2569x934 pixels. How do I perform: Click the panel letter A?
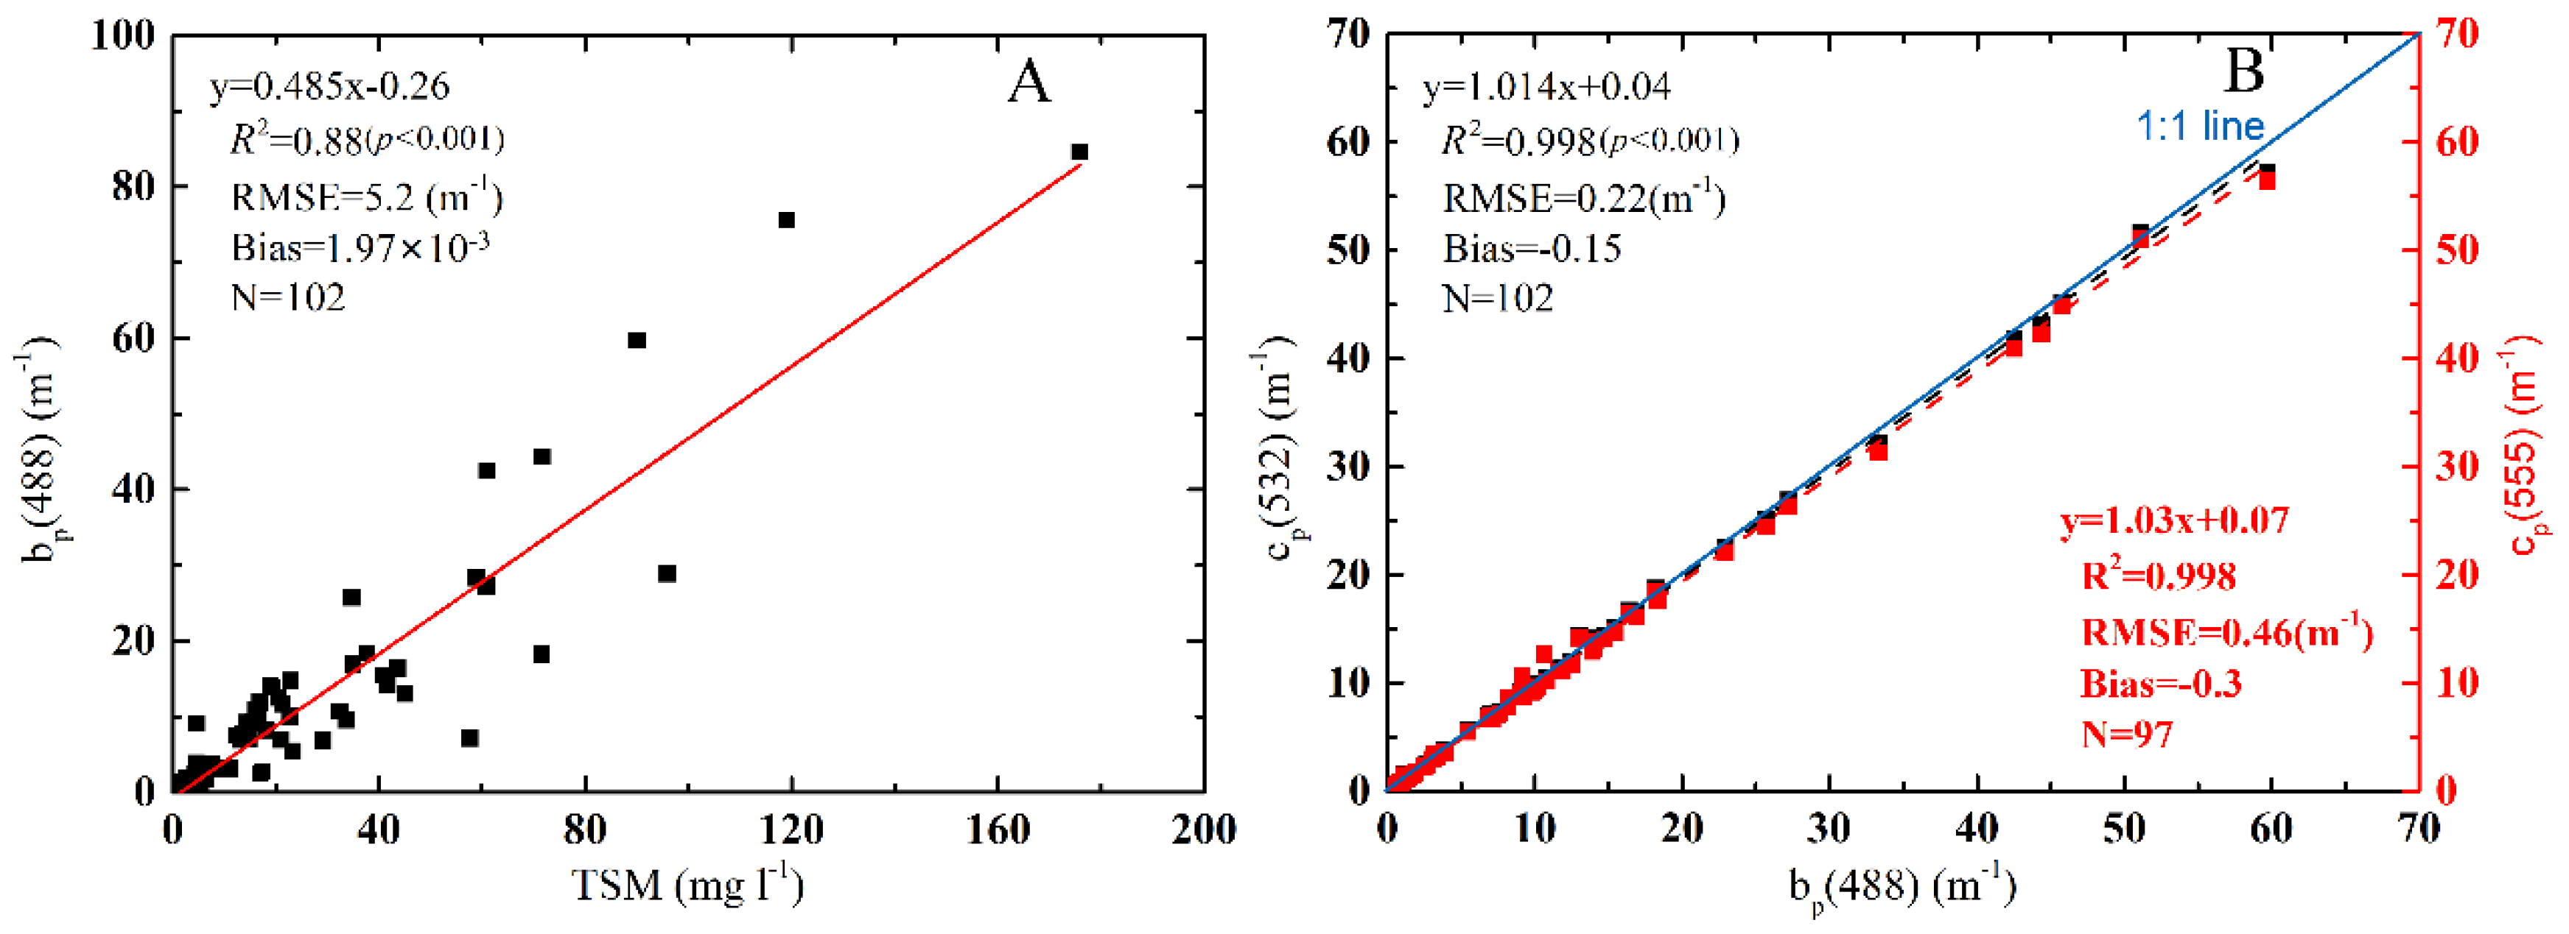click(1028, 82)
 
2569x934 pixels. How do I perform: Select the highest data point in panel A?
click(1079, 152)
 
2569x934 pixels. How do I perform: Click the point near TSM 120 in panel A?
click(786, 219)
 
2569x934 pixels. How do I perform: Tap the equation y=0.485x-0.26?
click(329, 87)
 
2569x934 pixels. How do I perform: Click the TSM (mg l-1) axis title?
click(688, 884)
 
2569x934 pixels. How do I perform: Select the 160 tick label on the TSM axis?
click(998, 830)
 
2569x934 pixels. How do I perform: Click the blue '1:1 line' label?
click(2199, 127)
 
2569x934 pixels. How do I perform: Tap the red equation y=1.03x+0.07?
click(2174, 520)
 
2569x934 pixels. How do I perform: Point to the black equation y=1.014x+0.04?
click(1546, 87)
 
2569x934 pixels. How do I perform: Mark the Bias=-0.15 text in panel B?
click(1532, 248)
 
